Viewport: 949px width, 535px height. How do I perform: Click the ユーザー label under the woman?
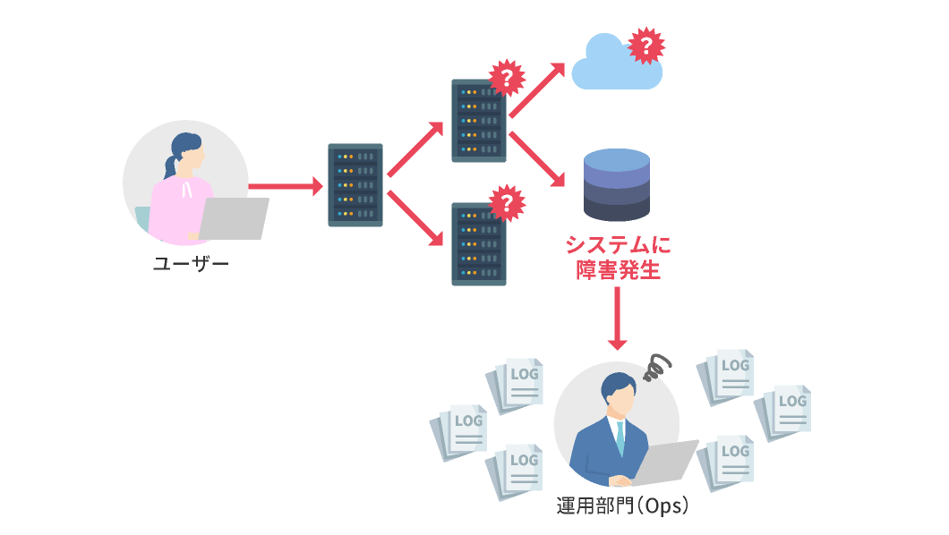[x=191, y=264]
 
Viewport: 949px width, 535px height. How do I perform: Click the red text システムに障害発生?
[x=618, y=258]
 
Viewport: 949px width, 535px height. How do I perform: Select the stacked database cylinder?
[x=617, y=185]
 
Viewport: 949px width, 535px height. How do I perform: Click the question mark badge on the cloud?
[x=645, y=46]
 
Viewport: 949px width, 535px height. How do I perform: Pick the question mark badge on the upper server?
[x=506, y=79]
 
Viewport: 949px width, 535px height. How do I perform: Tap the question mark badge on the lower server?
[x=506, y=203]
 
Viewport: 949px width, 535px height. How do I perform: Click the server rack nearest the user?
[x=355, y=185]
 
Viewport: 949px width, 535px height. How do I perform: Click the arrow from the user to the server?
[x=285, y=187]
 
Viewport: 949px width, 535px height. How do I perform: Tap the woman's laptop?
[x=234, y=219]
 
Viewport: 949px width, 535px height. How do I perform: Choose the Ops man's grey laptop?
[x=667, y=463]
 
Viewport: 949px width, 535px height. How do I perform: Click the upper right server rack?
[x=479, y=121]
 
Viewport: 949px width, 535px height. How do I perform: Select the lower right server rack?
[x=479, y=243]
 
